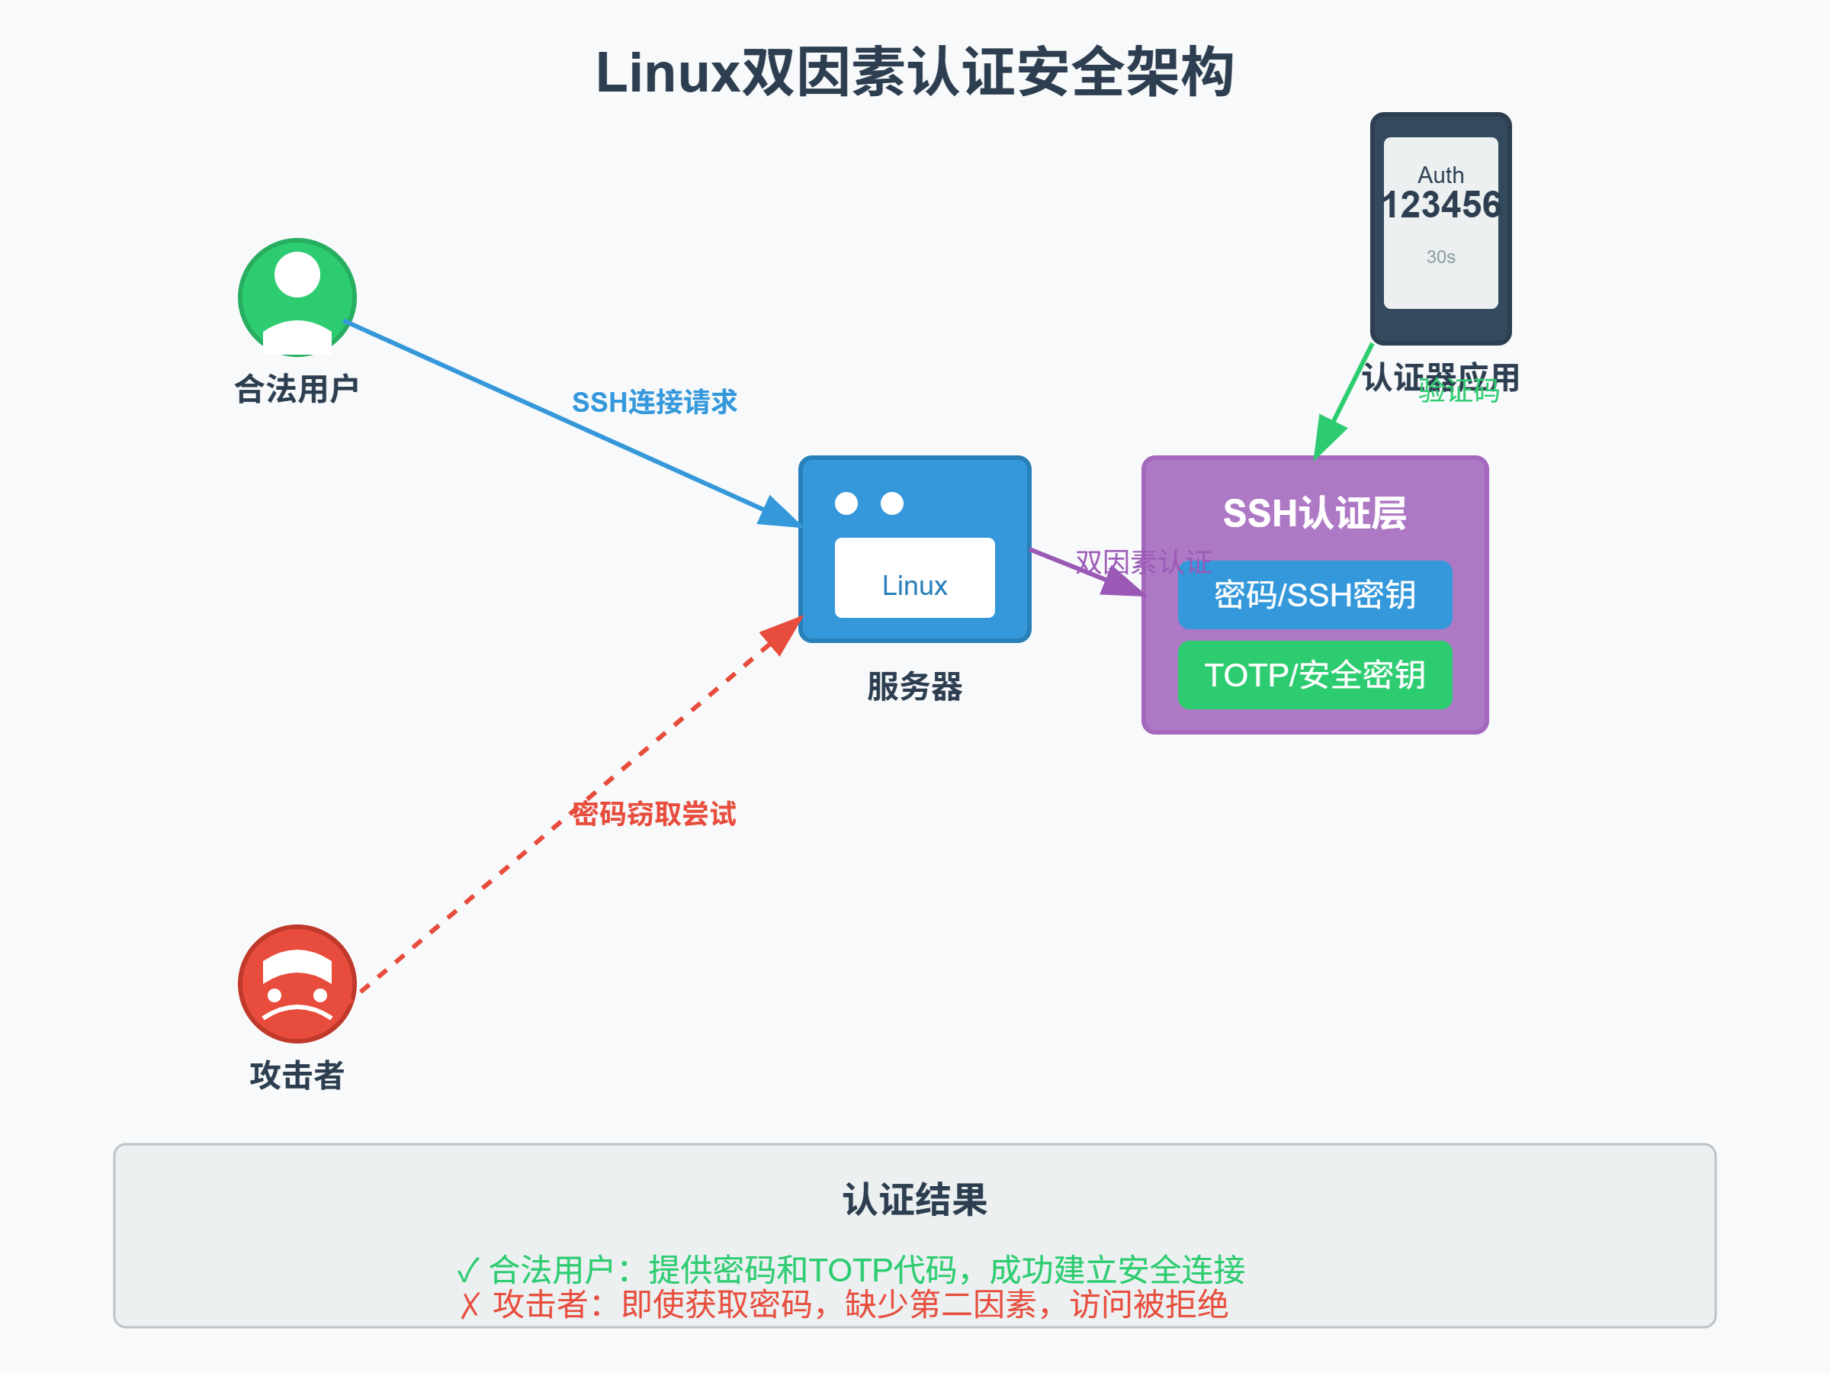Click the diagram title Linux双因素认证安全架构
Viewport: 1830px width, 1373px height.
pyautogui.click(x=914, y=72)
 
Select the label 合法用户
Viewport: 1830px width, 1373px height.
pyautogui.click(x=297, y=389)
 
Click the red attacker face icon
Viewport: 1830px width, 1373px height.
pyautogui.click(x=297, y=984)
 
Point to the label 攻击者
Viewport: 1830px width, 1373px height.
pyautogui.click(x=297, y=1075)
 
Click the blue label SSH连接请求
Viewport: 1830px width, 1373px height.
pyautogui.click(x=654, y=402)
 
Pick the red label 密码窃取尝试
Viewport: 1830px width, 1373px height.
pyautogui.click(x=653, y=815)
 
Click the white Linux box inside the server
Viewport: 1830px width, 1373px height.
pyautogui.click(x=914, y=578)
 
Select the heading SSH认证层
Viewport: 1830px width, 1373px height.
pyautogui.click(x=1315, y=514)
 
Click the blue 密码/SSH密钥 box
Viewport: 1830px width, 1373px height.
pyautogui.click(x=1315, y=595)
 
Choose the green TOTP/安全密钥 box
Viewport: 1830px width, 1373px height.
pyautogui.click(x=1315, y=675)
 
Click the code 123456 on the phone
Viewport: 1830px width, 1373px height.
pyautogui.click(x=1440, y=205)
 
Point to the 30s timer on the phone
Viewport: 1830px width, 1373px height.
pyautogui.click(x=1440, y=257)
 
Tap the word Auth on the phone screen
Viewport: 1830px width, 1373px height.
pyautogui.click(x=1440, y=175)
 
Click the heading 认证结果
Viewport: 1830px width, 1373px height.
pyautogui.click(x=914, y=1200)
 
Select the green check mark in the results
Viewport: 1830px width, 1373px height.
pyautogui.click(x=468, y=1270)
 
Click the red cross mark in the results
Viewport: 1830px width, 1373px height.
pyautogui.click(x=470, y=1306)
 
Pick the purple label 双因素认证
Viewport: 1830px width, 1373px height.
pyautogui.click(x=1142, y=563)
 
